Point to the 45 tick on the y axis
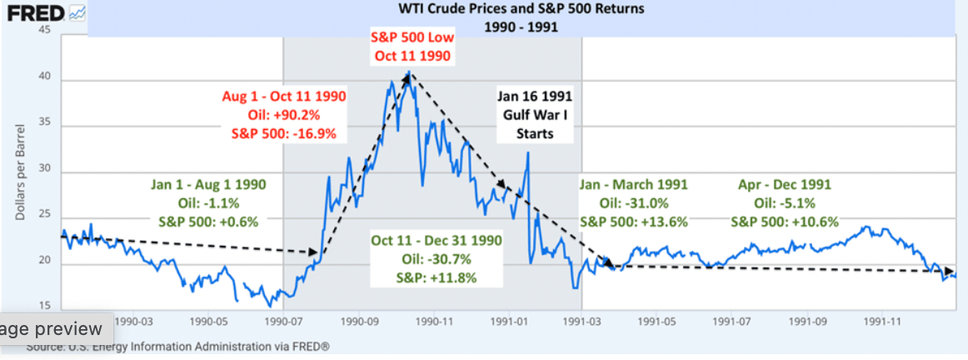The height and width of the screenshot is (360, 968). click(44, 31)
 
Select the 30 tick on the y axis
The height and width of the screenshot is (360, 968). click(44, 172)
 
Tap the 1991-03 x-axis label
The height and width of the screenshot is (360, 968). click(582, 319)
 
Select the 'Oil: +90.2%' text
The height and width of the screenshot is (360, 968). click(284, 113)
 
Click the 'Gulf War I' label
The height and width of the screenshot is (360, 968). click(536, 114)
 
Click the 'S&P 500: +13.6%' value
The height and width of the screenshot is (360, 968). click(634, 222)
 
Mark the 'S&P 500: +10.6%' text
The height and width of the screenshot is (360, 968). click(785, 222)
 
